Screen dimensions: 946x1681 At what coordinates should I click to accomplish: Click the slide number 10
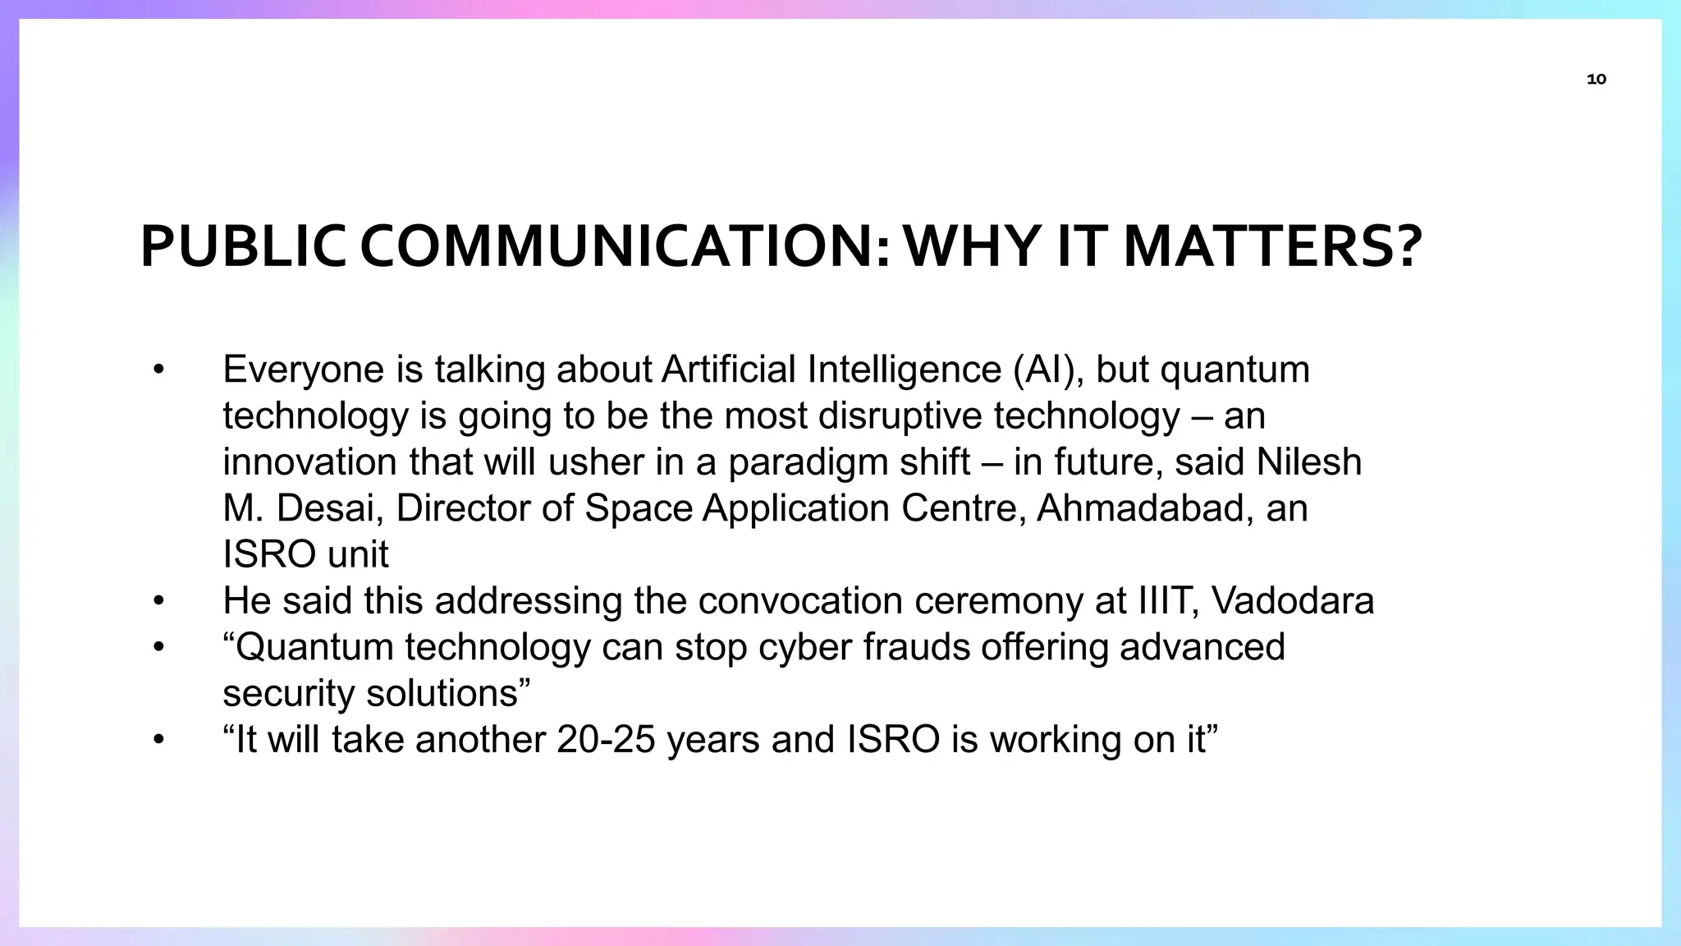[1596, 80]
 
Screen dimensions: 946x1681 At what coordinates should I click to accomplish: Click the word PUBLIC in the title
[243, 247]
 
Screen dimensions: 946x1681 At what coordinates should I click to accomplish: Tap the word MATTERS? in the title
[1271, 247]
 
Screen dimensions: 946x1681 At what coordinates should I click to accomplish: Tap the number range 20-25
[606, 740]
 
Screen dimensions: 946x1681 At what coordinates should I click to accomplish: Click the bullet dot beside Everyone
[159, 370]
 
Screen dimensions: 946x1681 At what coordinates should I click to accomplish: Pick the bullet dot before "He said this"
[159, 601]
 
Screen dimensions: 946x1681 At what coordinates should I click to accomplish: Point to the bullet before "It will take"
[159, 740]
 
